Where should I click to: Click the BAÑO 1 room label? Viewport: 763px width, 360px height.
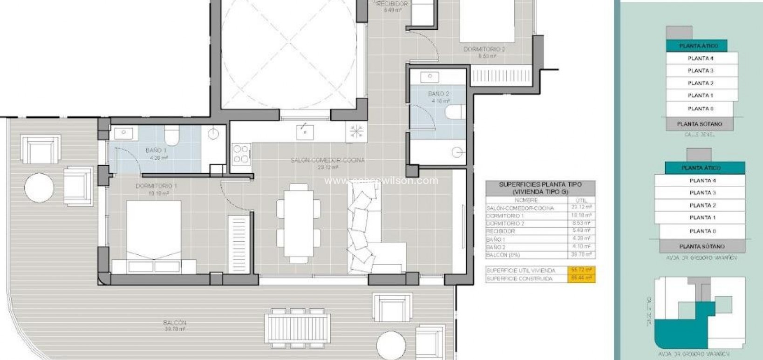156,150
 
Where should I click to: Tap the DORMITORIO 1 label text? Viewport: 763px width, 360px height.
156,186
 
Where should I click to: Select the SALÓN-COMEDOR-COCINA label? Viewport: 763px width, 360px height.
327,160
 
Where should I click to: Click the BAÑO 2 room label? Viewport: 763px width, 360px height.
438,94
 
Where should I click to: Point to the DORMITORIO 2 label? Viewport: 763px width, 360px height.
484,49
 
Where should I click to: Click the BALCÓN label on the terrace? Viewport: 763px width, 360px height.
175,322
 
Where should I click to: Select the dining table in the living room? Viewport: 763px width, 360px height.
298,223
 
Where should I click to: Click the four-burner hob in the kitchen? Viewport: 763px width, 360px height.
241,154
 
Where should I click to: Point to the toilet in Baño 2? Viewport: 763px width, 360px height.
455,112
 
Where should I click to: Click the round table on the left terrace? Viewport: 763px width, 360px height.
39,188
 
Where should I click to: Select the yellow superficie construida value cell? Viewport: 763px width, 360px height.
581,278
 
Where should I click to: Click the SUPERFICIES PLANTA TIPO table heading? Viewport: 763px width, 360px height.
540,188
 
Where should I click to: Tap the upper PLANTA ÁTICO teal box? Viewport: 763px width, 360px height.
696,46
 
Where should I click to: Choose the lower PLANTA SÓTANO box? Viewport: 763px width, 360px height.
702,246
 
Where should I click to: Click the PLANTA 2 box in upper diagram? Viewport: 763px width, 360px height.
701,83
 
